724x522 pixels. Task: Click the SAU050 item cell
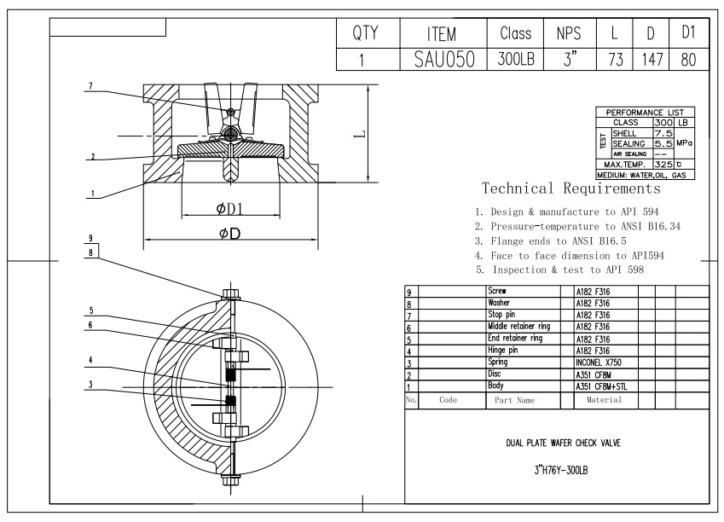tap(444, 59)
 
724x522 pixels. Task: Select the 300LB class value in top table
tap(516, 59)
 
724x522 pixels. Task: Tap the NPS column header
tap(569, 33)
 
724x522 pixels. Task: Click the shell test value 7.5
tap(663, 133)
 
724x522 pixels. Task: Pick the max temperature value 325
tap(663, 164)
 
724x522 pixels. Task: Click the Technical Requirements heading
tap(571, 188)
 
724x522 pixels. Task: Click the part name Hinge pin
tap(503, 351)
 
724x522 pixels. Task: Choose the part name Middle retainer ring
tap(519, 326)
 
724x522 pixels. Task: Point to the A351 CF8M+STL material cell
tap(601, 386)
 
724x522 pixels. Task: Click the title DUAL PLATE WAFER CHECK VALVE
tap(563, 443)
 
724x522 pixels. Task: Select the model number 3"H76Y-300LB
tap(560, 470)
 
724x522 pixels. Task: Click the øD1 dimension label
tap(229, 209)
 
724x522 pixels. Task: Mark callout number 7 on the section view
tap(90, 86)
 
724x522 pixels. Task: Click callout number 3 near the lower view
tap(90, 385)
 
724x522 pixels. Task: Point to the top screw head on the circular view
tap(230, 293)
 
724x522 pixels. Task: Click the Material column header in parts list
tap(604, 400)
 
